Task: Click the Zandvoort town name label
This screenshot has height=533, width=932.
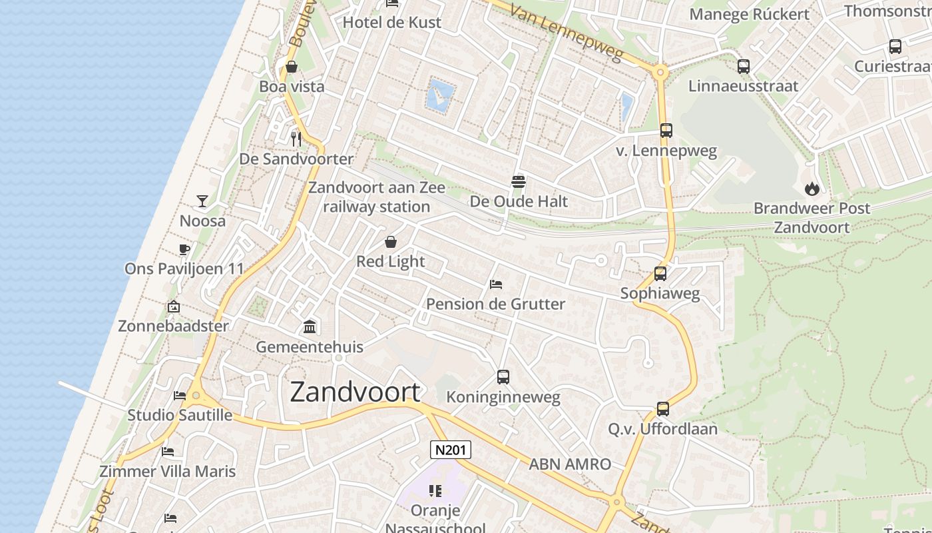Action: (355, 392)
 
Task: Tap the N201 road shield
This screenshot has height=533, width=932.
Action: (451, 450)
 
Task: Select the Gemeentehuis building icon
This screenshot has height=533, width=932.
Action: (310, 326)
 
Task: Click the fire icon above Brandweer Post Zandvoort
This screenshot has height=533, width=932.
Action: (812, 189)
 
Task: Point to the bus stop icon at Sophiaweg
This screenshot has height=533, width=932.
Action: (660, 274)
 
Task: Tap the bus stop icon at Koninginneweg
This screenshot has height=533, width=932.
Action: (503, 377)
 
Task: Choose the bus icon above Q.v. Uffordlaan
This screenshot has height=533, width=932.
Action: (663, 409)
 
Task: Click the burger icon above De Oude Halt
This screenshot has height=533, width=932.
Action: (519, 181)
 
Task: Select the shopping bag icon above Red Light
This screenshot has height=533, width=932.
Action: (391, 241)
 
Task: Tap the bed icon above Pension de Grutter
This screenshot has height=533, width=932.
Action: (496, 284)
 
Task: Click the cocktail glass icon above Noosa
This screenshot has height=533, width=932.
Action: (202, 201)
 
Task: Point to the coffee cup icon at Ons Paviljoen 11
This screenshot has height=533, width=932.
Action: (184, 249)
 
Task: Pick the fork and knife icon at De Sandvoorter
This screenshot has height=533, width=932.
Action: (296, 139)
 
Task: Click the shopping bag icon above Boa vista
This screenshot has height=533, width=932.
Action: (292, 67)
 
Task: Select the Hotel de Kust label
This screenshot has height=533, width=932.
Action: (391, 22)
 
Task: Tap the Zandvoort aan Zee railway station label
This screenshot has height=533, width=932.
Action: (377, 197)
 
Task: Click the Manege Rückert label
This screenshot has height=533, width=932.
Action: (750, 14)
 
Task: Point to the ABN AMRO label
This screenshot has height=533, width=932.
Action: (570, 464)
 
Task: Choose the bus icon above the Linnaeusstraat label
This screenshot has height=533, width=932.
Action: (744, 67)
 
